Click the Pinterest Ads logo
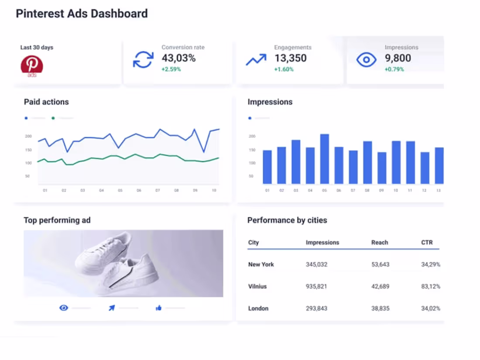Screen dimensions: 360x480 coord(32,65)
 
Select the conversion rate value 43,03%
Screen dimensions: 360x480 coord(178,58)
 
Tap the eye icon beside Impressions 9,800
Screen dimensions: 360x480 coord(366,59)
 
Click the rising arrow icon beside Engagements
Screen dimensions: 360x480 coord(256,60)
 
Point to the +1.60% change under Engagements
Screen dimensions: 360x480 coord(284,69)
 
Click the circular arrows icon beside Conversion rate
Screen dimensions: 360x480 coord(143,59)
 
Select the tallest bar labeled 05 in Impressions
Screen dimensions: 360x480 coord(324,159)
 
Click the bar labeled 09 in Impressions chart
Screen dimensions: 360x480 coord(381,168)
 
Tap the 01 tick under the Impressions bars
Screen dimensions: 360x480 coord(267,191)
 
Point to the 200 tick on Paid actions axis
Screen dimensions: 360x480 coord(28,137)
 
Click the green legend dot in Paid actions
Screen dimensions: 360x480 coord(53,118)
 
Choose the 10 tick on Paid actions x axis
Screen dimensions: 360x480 coord(214,191)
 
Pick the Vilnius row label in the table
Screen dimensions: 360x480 coord(257,286)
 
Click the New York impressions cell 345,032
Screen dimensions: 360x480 coord(316,264)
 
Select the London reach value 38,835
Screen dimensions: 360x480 coord(380,308)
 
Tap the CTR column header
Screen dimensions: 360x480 coord(427,242)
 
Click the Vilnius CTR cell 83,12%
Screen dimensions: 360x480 coord(430,286)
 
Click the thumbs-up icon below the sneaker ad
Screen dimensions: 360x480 coord(158,308)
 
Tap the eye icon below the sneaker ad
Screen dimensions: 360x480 coord(64,308)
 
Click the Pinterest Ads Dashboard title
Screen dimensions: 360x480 coord(82,14)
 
